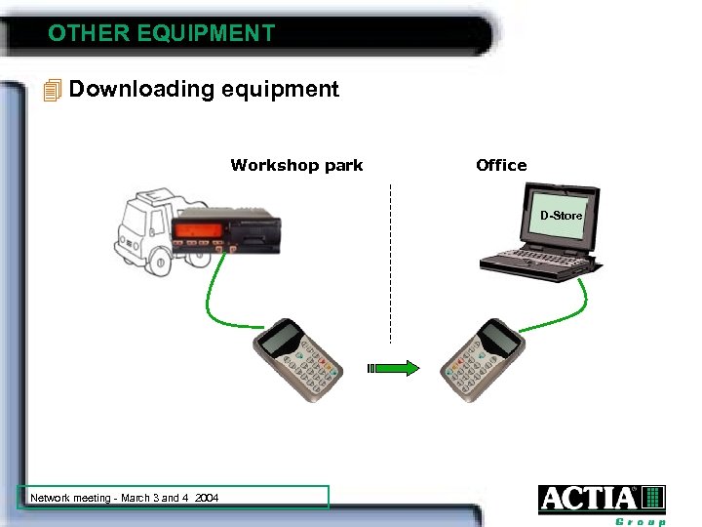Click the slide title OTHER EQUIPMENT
[x=161, y=33]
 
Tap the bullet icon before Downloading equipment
[x=53, y=91]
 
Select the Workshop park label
[x=296, y=165]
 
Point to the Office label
[x=501, y=165]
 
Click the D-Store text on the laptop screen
[x=562, y=215]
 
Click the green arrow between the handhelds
[x=397, y=368]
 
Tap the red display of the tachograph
[x=197, y=231]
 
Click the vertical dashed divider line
[x=390, y=263]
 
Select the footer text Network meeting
[x=125, y=498]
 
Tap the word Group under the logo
[x=640, y=521]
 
